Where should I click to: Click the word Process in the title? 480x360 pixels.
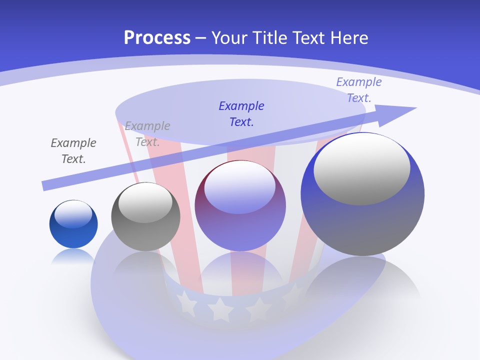(157, 38)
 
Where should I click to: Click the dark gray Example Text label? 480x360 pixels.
(73, 151)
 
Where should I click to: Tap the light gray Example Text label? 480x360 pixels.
(147, 133)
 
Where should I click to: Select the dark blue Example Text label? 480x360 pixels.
(241, 113)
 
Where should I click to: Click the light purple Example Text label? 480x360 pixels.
(358, 90)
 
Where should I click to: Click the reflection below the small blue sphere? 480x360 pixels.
(73, 256)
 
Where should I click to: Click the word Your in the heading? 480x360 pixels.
(229, 38)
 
